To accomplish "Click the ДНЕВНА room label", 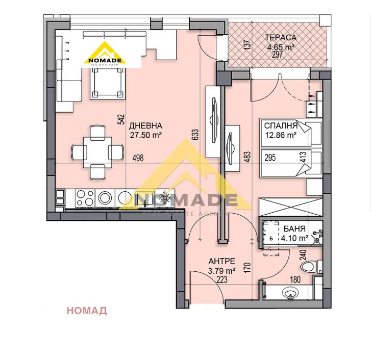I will (145, 126).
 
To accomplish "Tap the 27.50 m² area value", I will (145, 136).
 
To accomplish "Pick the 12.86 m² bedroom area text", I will (279, 135).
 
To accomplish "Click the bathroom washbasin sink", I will (291, 294).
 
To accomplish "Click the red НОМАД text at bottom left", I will (86, 311).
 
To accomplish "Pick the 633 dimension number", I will (194, 134).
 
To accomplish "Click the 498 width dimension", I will (137, 158).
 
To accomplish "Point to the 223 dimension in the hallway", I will (221, 279).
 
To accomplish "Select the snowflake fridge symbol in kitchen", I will (165, 197).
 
